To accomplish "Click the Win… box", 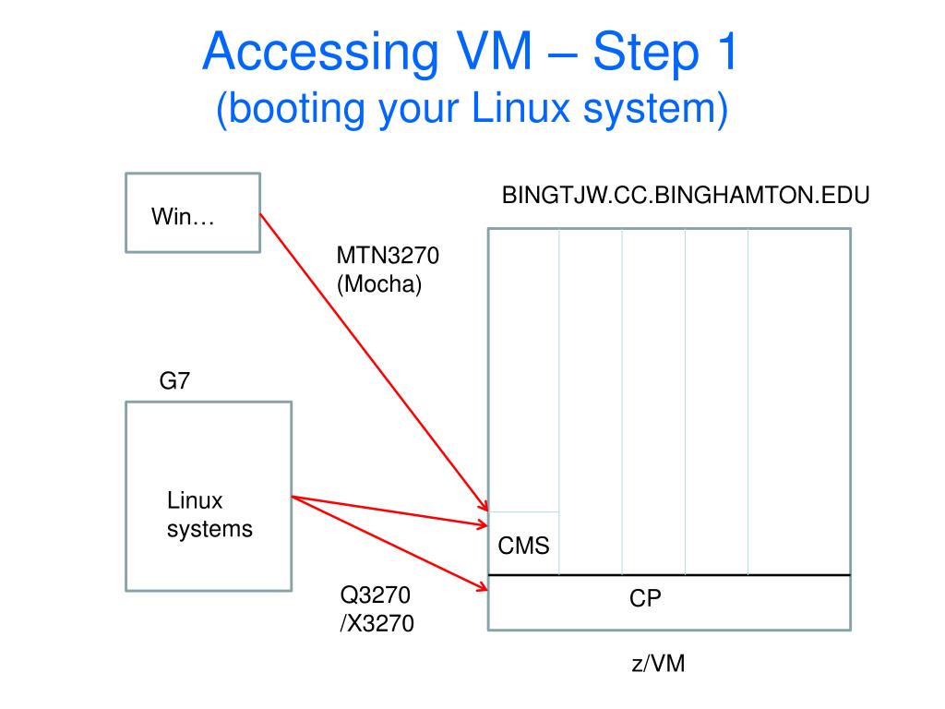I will [x=192, y=211].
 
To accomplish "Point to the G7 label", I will [x=174, y=381].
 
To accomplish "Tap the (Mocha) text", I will [x=378, y=284].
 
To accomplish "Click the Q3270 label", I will [x=375, y=595].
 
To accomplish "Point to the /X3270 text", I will [x=377, y=624].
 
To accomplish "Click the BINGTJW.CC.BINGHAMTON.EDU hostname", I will [x=686, y=197].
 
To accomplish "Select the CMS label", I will [x=523, y=546].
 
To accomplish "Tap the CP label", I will [x=646, y=598].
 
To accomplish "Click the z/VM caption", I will [x=659, y=664].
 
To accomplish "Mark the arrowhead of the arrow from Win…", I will [x=484, y=506].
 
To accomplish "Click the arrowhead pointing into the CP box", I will [x=483, y=587].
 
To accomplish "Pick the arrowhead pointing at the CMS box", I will [x=483, y=525].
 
